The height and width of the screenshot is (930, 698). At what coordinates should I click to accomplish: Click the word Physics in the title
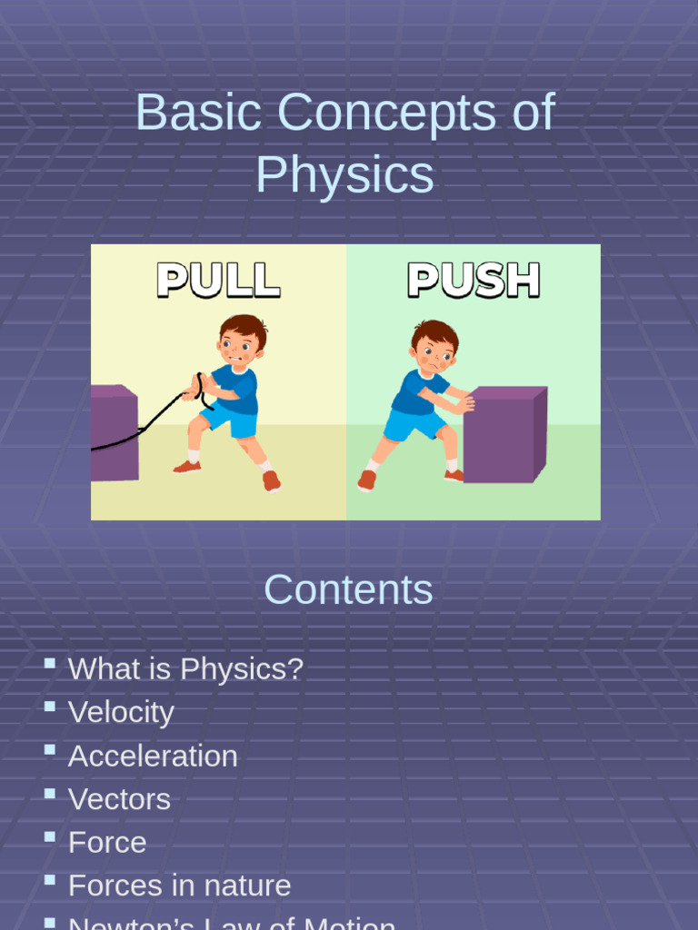(344, 175)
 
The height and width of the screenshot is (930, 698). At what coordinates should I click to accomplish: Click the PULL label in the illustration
(218, 281)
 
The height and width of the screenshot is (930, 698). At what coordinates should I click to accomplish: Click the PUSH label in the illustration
(474, 281)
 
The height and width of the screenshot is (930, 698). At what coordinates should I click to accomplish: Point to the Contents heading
(348, 590)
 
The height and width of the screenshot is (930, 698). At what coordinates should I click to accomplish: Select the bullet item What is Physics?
(185, 669)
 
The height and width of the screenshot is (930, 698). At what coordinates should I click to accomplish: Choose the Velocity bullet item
(121, 712)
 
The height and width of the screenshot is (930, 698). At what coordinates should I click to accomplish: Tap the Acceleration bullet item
(153, 756)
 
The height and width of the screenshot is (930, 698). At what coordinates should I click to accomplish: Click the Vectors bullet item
(119, 799)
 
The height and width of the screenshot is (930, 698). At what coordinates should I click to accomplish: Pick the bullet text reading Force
(107, 843)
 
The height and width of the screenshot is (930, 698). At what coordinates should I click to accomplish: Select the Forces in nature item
(179, 885)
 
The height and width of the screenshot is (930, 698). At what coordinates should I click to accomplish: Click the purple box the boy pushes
(504, 435)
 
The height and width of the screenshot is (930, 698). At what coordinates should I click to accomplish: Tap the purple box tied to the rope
(114, 433)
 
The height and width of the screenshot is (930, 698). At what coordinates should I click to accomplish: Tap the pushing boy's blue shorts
(414, 423)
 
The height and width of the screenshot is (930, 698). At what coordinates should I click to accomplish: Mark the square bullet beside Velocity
(49, 707)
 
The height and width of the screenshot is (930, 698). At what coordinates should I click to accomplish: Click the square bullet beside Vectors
(49, 794)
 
